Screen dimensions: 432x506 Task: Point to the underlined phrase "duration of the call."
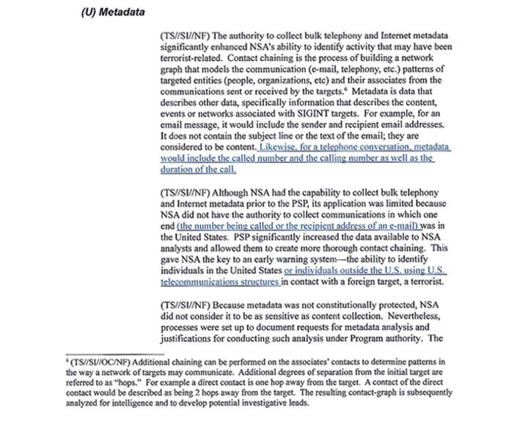[197, 169]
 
